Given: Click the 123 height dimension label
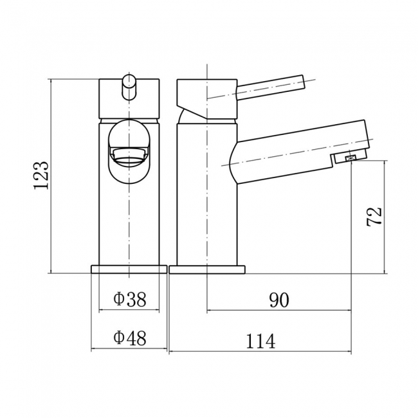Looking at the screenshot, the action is click(x=41, y=175).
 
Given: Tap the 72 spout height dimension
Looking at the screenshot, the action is click(x=374, y=217).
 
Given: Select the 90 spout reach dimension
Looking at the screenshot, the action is click(x=279, y=300).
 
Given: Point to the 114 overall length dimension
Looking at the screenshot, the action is click(x=260, y=341).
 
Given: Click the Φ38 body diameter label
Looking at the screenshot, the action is click(x=130, y=299).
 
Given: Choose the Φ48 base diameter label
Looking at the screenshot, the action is click(x=130, y=338).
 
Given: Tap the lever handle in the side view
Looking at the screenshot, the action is click(x=270, y=87).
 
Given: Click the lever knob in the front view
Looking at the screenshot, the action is click(x=129, y=87).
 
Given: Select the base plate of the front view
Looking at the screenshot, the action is click(x=129, y=269).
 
